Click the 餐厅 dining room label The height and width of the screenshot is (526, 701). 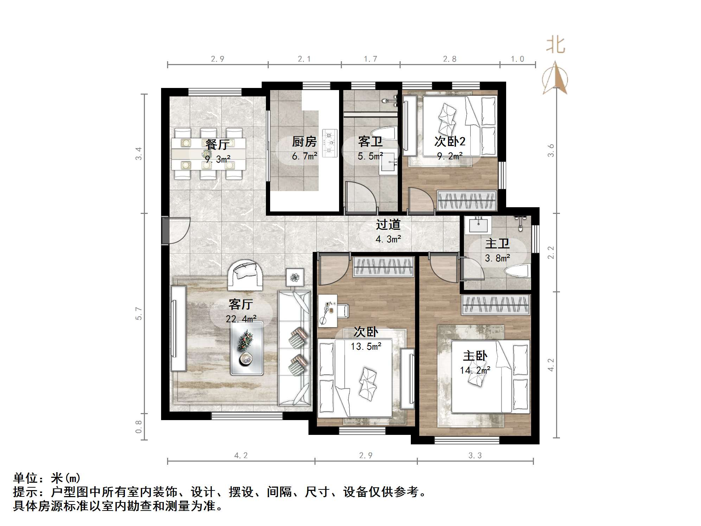217,144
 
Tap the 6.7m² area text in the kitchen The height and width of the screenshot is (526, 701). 304,156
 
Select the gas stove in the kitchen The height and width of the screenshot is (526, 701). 330,143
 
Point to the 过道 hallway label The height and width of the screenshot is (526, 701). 388,224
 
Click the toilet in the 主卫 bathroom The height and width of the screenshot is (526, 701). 517,271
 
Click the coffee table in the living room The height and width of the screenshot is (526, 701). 247,348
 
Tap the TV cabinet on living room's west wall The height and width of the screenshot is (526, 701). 178,328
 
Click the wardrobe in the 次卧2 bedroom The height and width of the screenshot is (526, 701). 466,201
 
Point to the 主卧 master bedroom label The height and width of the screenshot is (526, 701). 475,356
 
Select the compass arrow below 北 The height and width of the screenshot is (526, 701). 555,78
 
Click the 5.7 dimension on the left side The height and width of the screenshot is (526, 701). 139,313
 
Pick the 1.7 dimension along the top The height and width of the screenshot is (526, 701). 370,59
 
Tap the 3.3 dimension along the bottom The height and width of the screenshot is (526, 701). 475,456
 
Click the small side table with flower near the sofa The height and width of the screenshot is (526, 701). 294,278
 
